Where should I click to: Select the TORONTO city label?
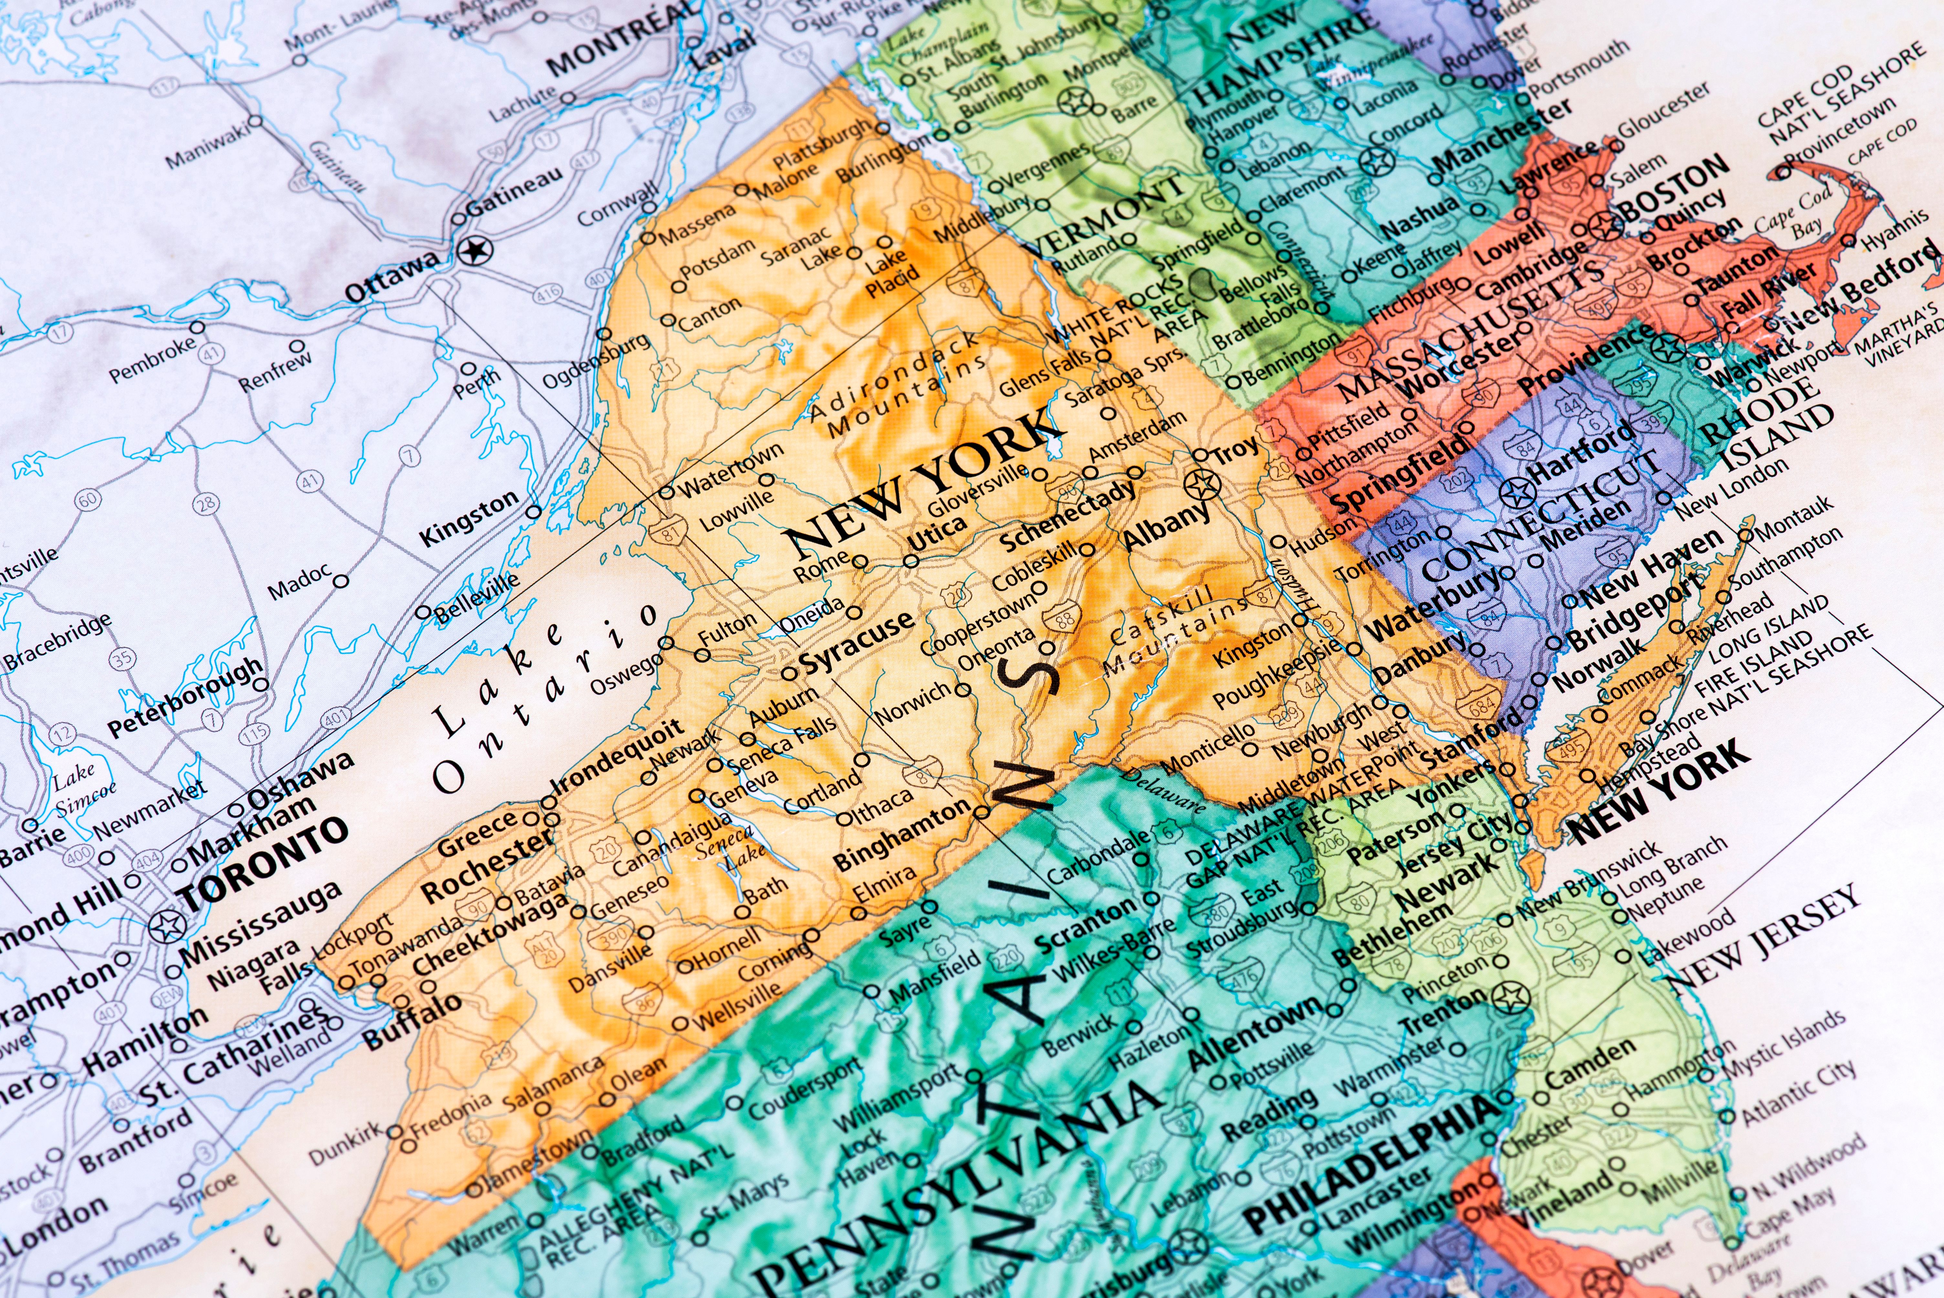point(263,863)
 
